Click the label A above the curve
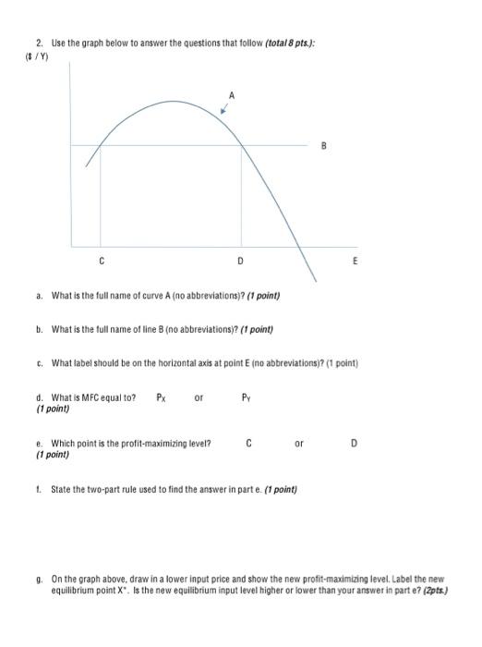coord(232,94)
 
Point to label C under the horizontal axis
coord(102,262)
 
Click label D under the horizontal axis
coord(240,262)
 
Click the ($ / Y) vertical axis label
coord(37,56)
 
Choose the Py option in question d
coord(246,398)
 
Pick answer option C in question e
coord(250,444)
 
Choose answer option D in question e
coord(355,444)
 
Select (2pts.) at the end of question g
coord(435,592)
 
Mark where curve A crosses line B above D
coord(241,145)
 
